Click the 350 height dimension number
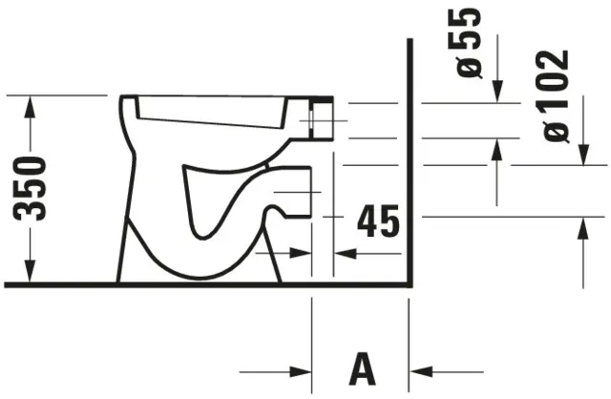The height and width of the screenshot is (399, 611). (34, 188)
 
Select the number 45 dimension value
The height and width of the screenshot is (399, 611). (378, 221)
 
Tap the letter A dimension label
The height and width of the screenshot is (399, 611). (361, 369)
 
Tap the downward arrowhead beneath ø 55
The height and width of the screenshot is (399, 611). (496, 93)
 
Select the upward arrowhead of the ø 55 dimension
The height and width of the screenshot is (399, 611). (496, 149)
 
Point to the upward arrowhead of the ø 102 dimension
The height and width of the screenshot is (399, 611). (582, 227)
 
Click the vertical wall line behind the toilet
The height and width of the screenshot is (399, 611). (409, 162)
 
